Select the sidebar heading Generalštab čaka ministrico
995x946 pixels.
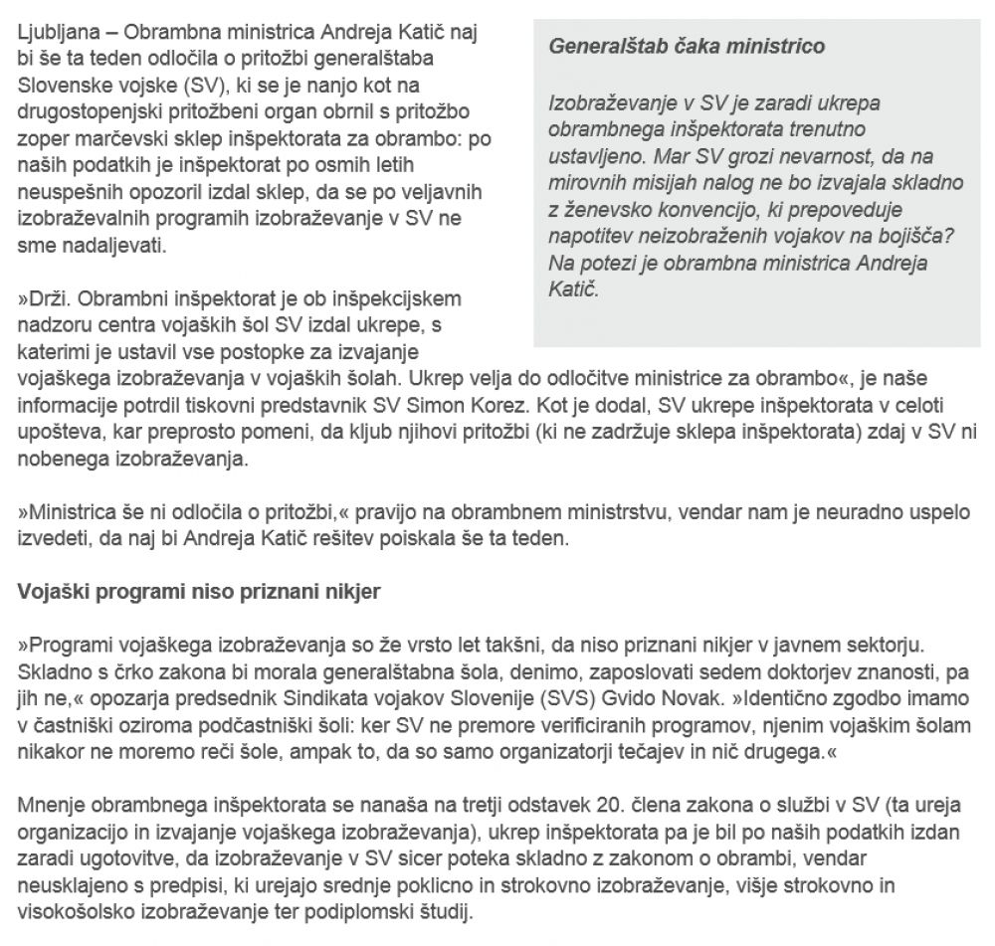click(686, 46)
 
